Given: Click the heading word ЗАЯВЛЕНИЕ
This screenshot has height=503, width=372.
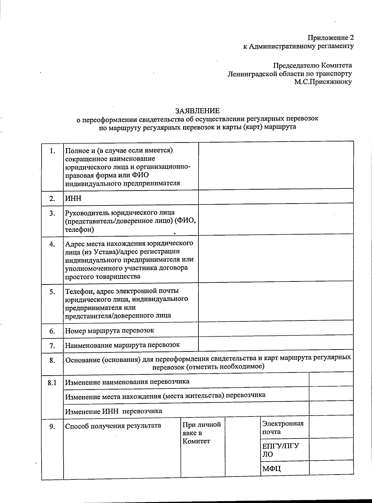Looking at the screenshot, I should (x=197, y=111).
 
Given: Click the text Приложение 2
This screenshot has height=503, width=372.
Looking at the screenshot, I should (x=330, y=38).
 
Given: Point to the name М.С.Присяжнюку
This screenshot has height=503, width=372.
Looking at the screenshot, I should (x=323, y=82).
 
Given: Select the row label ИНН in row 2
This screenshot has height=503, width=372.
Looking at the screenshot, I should (x=73, y=198).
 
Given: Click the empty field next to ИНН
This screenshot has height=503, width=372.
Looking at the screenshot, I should (x=276, y=197).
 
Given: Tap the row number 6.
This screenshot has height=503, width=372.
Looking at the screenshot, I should (x=52, y=331).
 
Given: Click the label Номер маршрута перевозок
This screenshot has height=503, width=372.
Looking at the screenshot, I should (x=109, y=330).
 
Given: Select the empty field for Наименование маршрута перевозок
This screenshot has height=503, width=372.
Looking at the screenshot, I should (x=276, y=344).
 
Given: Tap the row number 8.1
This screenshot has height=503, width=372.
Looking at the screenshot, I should (x=52, y=383).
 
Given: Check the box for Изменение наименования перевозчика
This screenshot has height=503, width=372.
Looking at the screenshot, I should (x=331, y=379).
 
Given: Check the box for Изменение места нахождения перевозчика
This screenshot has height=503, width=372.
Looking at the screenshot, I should (x=331, y=394).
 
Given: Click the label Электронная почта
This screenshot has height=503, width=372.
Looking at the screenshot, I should (x=282, y=427).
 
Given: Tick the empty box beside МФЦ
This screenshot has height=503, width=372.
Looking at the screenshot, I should (x=331, y=467).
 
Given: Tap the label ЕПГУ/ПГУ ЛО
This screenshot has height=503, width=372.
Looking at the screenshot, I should (x=280, y=450).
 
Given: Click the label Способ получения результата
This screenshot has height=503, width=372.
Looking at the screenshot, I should (x=113, y=426).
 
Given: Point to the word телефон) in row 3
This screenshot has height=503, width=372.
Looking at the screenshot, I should (x=79, y=230).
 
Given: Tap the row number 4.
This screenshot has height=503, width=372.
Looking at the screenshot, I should (x=52, y=244).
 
